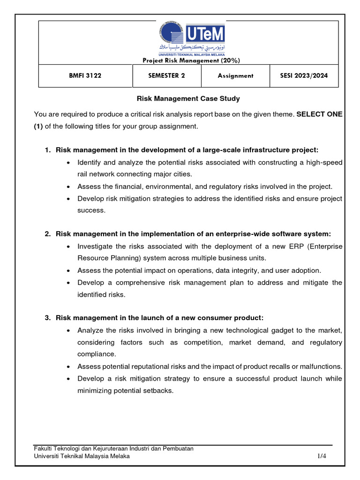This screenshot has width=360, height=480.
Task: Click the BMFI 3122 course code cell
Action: [x=86, y=76]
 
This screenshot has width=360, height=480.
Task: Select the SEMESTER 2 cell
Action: [x=166, y=76]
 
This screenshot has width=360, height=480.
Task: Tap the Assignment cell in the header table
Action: [x=235, y=76]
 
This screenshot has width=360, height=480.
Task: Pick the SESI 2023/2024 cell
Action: [x=304, y=76]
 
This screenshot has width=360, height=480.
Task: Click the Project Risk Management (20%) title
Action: [x=191, y=60]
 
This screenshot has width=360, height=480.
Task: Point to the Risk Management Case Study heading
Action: [x=188, y=99]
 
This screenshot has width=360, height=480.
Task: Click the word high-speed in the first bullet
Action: [x=327, y=162]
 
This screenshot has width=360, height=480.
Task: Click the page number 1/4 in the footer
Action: [x=321, y=456]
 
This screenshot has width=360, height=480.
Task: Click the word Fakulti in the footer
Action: [x=45, y=449]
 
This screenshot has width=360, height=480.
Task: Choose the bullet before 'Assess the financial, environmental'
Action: [x=69, y=187]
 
